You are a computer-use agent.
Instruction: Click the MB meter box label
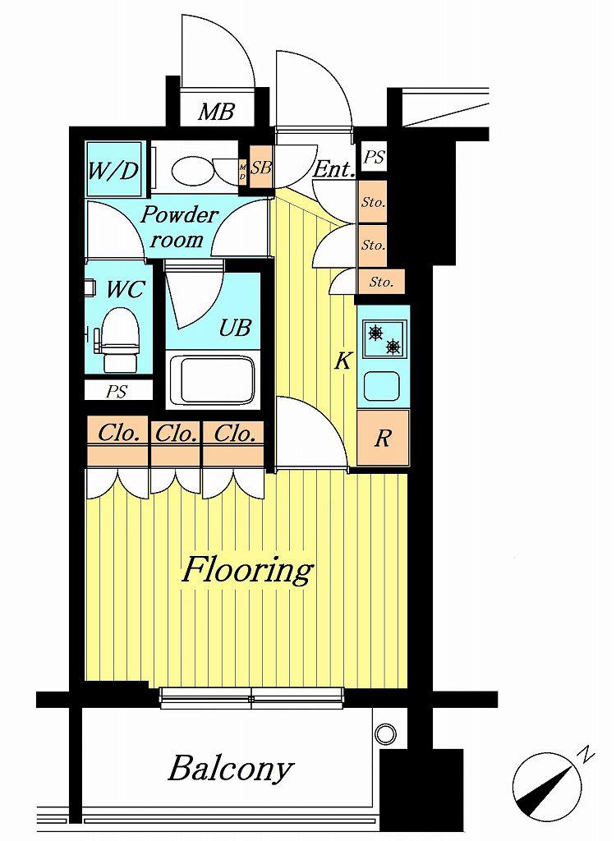(216, 112)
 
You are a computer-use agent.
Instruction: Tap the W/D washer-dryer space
(115, 169)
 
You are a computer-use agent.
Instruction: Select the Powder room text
(178, 227)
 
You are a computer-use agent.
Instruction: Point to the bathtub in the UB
(212, 380)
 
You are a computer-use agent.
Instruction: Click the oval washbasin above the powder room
(193, 168)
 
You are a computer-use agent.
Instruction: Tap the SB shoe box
(261, 168)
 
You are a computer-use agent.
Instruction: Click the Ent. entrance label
(333, 169)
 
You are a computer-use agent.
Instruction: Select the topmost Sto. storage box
(372, 202)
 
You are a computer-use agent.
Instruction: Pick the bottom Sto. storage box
(382, 282)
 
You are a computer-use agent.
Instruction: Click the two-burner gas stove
(384, 339)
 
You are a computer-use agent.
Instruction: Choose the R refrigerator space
(383, 439)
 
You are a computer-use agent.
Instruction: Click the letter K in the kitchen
(342, 361)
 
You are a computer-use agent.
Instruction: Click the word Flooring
(248, 570)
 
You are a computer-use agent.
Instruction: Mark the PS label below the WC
(116, 392)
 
